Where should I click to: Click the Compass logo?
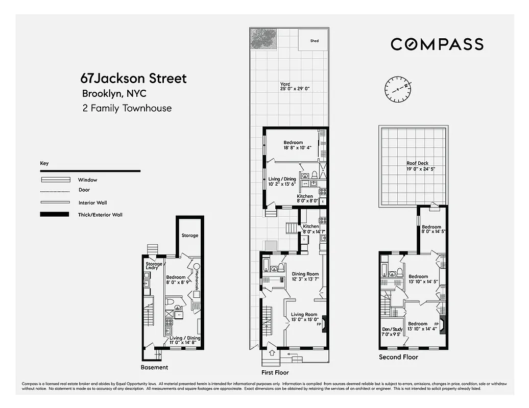pos(437,44)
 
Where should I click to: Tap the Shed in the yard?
pos(315,41)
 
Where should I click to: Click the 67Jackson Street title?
pos(133,79)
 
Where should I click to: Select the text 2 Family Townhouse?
pos(127,108)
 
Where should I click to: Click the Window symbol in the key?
pos(55,180)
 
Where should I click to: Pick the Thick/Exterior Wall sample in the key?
pos(55,214)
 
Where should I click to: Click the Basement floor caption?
pos(154,367)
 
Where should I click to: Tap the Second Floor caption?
pos(398,357)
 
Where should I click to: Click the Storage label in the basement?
pos(190,236)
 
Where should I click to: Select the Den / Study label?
pos(392,329)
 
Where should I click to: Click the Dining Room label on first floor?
pos(305,274)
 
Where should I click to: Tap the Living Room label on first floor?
pos(304,315)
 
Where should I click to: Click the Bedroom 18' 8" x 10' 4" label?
pos(293,143)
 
